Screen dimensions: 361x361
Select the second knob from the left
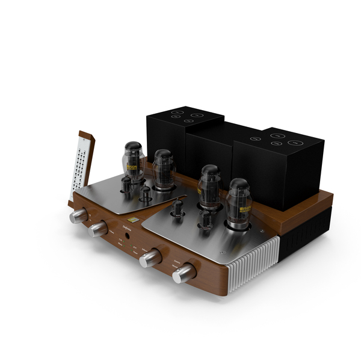click(x=98, y=229)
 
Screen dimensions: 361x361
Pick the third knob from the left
click(x=150, y=258)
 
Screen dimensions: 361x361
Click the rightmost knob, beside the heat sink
click(x=184, y=274)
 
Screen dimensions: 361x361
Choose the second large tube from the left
click(x=162, y=168)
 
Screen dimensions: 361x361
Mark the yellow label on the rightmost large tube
click(x=245, y=210)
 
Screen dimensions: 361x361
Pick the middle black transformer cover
click(x=214, y=150)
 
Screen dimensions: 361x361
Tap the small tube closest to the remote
click(x=128, y=185)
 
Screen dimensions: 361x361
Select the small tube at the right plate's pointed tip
click(x=177, y=208)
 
